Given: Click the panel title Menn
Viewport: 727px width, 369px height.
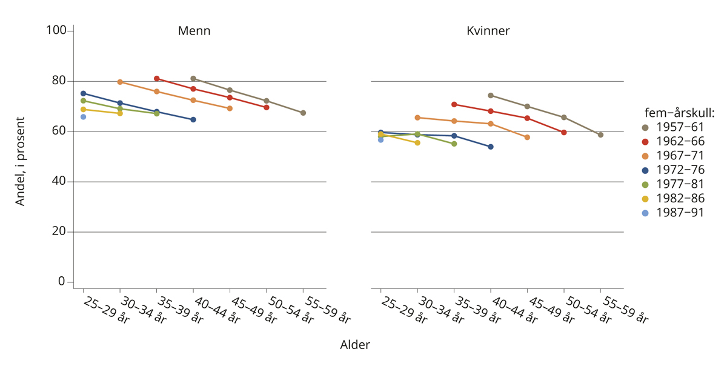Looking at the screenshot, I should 194,31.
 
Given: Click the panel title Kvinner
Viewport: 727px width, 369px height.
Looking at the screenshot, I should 488,31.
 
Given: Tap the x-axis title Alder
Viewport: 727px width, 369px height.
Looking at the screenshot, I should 354,345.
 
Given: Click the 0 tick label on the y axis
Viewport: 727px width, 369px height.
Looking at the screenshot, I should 61,282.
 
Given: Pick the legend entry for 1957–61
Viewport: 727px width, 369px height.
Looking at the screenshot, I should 679,127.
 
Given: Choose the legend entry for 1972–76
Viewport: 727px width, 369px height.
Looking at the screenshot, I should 679,170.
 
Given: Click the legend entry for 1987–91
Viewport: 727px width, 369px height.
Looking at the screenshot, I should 679,213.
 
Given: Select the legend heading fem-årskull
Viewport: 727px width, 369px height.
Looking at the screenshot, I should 679,113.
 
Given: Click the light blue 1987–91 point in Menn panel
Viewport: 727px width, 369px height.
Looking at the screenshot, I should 83,117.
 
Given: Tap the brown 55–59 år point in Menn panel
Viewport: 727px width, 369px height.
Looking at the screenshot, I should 303,113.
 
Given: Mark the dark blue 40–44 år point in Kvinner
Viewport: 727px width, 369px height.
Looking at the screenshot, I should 491,147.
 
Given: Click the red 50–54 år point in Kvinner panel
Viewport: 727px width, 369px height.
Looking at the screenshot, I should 564,132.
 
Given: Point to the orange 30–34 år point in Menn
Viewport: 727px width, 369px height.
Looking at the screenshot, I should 120,82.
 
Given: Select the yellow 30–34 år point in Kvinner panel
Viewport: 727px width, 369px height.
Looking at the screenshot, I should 417,142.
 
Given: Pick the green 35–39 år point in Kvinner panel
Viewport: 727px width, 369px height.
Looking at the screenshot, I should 454,144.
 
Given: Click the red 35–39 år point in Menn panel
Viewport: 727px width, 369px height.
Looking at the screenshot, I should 156,79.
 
